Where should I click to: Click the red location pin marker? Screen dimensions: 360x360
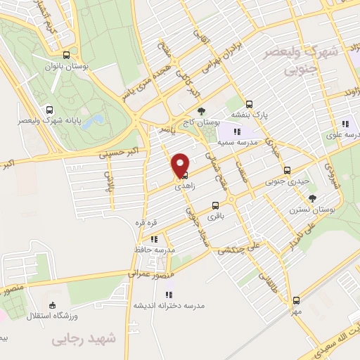click(181, 164)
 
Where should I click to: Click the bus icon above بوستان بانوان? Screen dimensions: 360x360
click(67, 55)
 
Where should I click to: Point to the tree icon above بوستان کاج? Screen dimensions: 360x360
click(202, 110)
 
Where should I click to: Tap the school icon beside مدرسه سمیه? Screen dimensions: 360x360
click(238, 131)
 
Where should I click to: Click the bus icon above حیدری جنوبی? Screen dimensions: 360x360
click(287, 169)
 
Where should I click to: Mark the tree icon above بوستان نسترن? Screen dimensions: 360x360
click(313, 198)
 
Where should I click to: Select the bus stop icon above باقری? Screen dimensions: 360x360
click(215, 207)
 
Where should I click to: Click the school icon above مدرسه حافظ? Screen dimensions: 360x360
click(153, 239)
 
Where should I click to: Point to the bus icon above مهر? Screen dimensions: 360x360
click(297, 300)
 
